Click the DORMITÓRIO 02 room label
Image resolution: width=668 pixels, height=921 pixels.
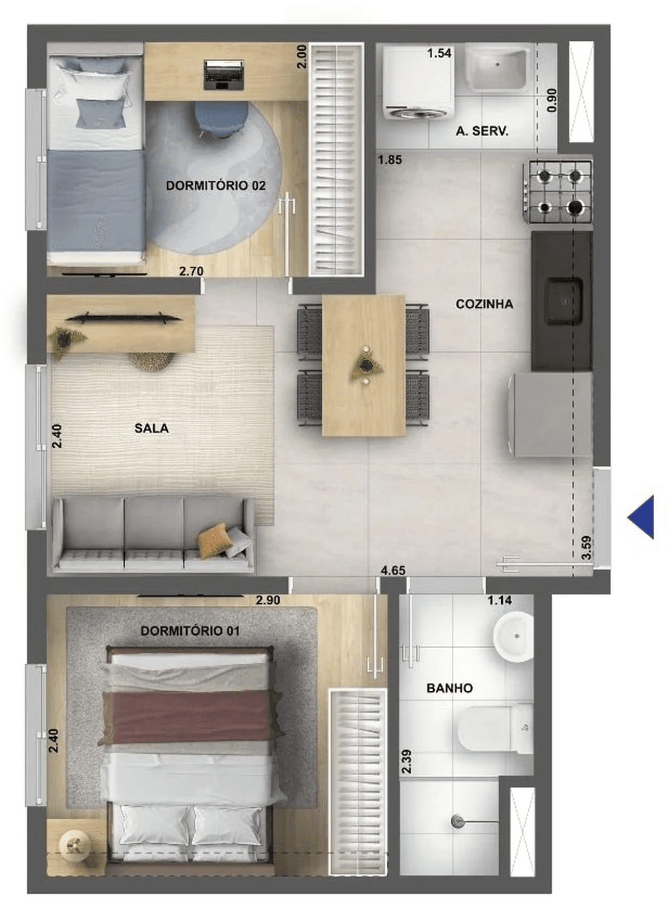[215, 185]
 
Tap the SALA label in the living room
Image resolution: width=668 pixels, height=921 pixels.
[151, 428]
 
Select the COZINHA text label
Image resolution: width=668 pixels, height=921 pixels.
[484, 304]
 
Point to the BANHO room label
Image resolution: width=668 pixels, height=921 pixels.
[450, 688]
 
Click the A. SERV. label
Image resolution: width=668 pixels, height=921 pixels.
[482, 131]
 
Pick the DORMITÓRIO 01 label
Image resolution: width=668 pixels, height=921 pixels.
[190, 631]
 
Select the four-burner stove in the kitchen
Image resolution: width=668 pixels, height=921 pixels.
[558, 192]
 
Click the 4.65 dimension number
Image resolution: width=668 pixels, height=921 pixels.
[393, 570]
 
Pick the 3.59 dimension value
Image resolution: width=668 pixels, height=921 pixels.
[587, 547]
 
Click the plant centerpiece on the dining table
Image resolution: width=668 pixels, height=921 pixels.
[366, 365]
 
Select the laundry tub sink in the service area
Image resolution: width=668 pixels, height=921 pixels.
[498, 69]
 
